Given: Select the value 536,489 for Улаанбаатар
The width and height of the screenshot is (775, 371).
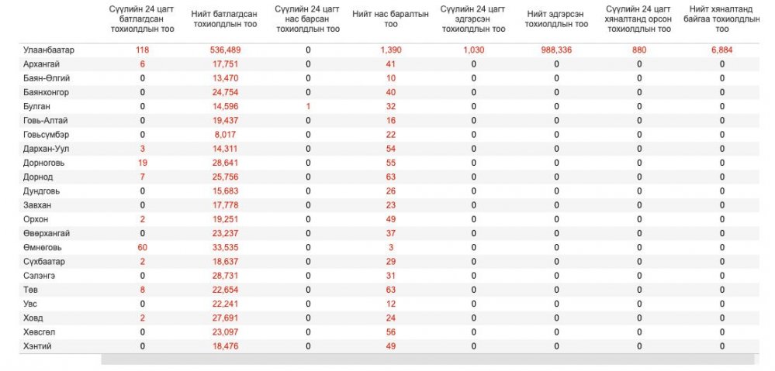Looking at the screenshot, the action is point(225,50).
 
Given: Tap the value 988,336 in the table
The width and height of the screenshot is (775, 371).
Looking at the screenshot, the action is point(556,50).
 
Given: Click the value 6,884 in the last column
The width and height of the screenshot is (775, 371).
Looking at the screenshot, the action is point(722,50).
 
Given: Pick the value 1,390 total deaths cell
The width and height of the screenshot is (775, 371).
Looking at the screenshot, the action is point(391,50).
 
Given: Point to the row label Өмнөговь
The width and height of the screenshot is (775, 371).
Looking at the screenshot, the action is point(43,247).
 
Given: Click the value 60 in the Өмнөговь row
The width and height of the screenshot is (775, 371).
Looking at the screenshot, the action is point(142,247).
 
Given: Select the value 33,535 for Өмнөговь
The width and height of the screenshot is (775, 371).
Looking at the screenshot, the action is point(225,247).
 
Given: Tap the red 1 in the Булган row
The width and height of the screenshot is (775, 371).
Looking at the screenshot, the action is point(308,106).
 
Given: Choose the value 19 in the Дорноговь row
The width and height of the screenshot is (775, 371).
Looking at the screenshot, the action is point(142,163).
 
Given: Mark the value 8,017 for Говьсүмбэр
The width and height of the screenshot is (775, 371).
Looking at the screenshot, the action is point(225,134).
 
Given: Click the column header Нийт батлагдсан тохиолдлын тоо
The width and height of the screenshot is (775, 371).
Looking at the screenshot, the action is point(225,19).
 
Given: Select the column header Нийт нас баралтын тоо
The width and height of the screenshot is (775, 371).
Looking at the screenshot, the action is point(390,19).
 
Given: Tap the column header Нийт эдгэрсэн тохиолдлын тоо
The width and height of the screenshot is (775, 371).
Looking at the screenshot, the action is point(556,19).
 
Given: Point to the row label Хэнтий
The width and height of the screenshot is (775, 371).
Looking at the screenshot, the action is point(37,346).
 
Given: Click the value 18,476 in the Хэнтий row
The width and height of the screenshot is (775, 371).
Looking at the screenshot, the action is point(225,346).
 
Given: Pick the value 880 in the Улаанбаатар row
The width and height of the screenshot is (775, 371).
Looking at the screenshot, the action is point(639,50).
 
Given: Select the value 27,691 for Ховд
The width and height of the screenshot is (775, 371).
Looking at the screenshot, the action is point(225,318).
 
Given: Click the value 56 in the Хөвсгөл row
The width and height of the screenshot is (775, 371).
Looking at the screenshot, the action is point(391,332).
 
